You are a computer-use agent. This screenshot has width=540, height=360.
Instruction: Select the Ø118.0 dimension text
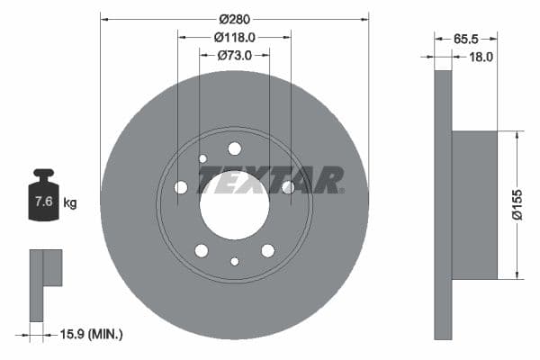point(234,37)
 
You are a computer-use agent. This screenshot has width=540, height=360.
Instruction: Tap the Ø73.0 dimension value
point(234,55)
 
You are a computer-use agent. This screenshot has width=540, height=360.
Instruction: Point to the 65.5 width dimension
point(465,39)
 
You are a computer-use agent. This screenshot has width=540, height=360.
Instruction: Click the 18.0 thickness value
point(481,56)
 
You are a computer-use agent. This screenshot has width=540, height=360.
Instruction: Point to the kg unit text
point(69,202)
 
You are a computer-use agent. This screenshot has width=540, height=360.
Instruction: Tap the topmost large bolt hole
point(234,148)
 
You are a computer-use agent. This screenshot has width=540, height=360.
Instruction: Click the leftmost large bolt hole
point(181,187)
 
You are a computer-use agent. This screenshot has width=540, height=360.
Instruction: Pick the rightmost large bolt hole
point(288,187)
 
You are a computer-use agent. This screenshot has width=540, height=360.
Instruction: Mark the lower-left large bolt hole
point(202,250)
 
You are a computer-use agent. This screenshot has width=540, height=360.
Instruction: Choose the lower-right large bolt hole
point(267,250)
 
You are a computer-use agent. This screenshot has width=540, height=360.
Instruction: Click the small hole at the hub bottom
point(234,261)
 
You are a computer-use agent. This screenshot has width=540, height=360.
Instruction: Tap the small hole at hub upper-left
point(202,158)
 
